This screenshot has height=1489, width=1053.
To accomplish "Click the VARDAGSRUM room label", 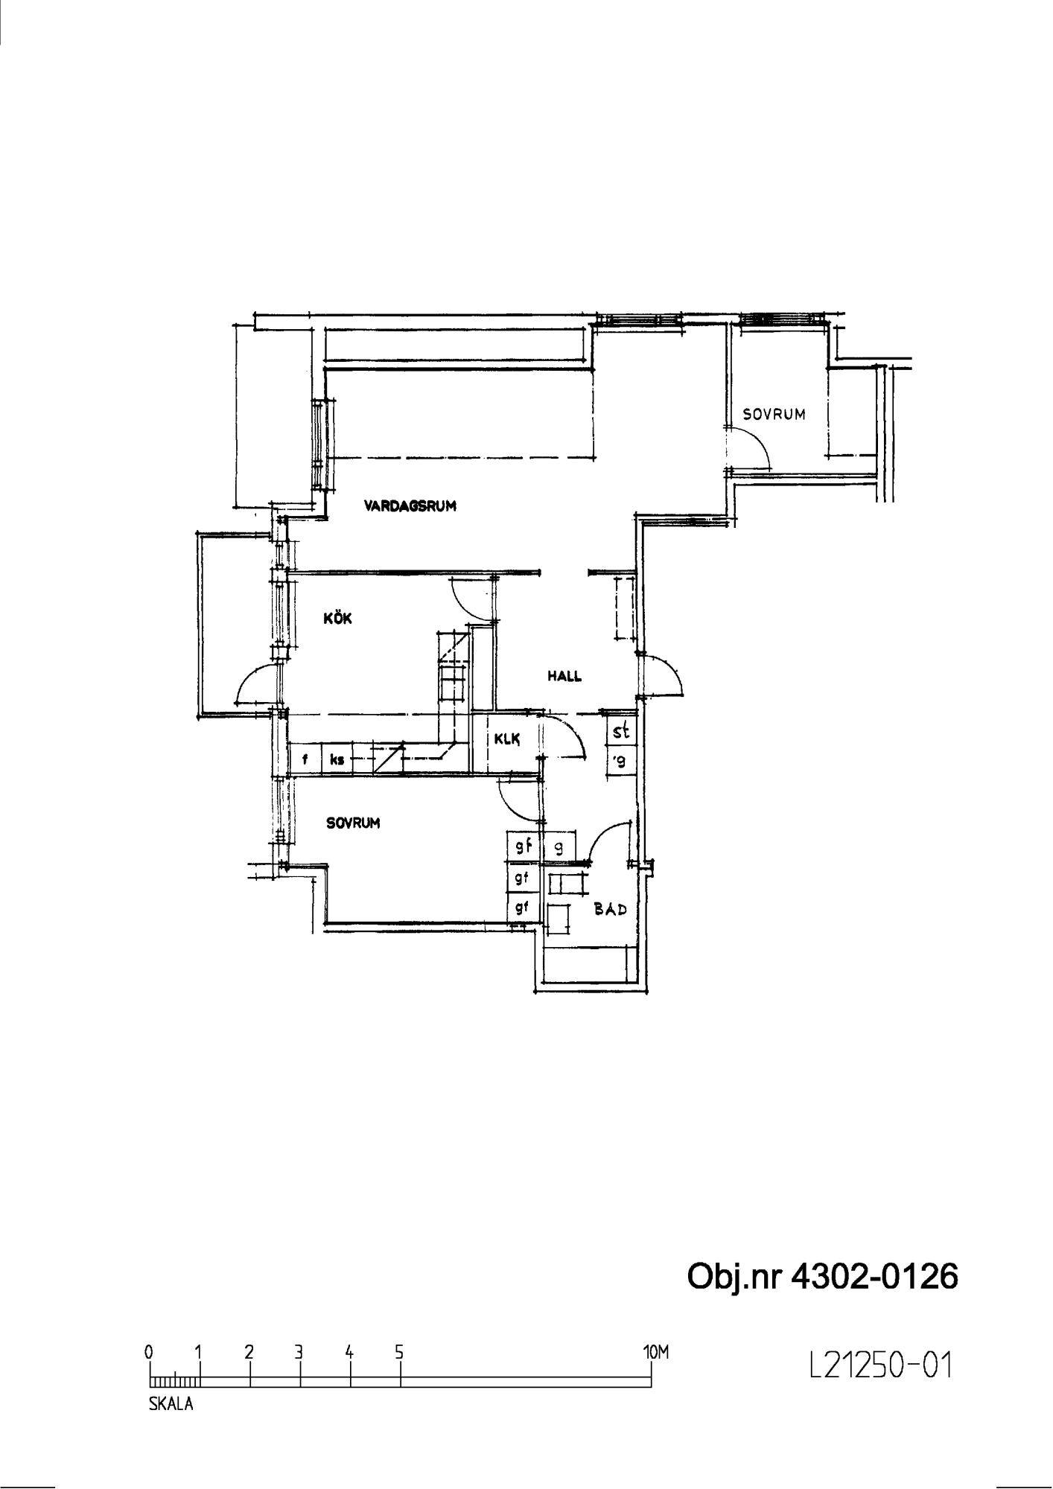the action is click(x=410, y=506).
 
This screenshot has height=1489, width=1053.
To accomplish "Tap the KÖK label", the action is click(x=337, y=618).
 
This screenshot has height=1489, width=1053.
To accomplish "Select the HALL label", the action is click(x=564, y=677).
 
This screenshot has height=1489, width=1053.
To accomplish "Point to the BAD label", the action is click(x=610, y=909).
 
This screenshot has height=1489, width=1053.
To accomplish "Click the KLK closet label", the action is click(x=506, y=739).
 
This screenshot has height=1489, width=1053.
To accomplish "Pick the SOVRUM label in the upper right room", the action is click(x=774, y=415).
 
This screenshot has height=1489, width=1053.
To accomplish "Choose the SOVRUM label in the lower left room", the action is click(x=353, y=823).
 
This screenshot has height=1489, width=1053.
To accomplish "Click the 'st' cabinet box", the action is click(x=621, y=731).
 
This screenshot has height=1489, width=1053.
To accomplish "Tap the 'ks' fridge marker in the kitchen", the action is click(x=337, y=760).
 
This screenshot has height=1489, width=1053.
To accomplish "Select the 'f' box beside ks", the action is click(x=305, y=760).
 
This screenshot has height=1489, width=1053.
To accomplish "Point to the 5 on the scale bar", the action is click(x=399, y=1352).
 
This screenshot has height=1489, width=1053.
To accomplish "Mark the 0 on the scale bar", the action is click(x=150, y=1352).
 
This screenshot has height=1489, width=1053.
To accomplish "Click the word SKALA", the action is click(x=171, y=1404).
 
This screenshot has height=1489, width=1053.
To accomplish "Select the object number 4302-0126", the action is click(x=874, y=1277).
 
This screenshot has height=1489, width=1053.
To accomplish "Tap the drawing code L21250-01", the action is click(x=880, y=1365).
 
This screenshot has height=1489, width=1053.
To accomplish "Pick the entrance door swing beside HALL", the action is click(x=670, y=667).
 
